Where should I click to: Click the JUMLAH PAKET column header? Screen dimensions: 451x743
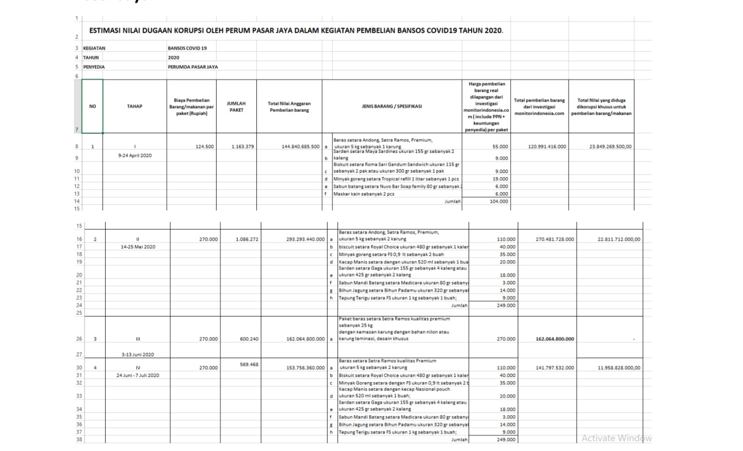[236, 107]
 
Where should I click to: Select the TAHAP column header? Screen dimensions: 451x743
[134, 106]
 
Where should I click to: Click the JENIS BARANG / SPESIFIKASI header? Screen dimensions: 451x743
[391, 106]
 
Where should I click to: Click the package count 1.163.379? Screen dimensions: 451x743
[243, 147]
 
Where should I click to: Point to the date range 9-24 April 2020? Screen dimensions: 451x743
[135, 155]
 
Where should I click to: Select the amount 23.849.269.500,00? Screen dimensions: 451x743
[610, 147]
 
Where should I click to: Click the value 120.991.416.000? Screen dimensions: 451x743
[547, 147]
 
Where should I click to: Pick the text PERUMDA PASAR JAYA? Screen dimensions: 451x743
[193, 67]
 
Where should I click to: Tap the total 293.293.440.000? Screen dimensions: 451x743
[305, 239]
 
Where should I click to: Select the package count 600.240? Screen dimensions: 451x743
[249, 339]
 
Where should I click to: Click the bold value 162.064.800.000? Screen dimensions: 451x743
[555, 339]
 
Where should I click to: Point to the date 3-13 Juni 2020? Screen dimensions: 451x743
[138, 355]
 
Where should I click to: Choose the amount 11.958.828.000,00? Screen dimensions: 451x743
[619, 368]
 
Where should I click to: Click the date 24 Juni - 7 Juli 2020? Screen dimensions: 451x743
[138, 375]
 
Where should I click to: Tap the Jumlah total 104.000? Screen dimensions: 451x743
[499, 202]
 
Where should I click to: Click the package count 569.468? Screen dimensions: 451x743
[249, 365]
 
